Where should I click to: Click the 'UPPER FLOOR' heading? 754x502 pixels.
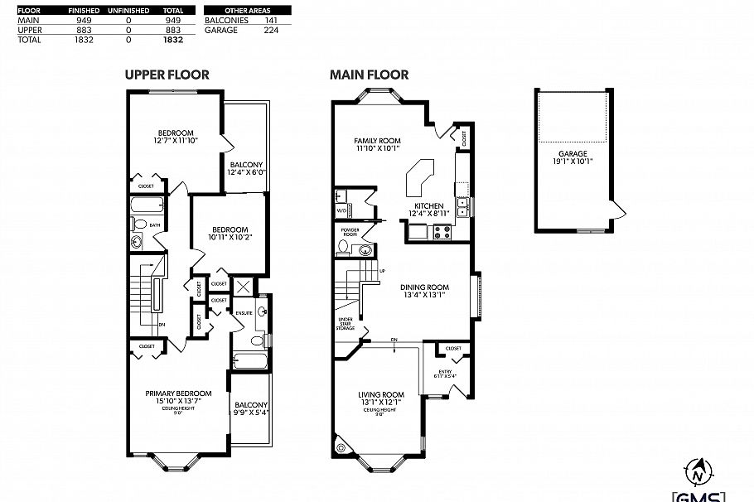(x=167, y=75)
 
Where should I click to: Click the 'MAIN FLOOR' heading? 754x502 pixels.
(x=369, y=75)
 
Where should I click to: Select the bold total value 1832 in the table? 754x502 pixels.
(x=172, y=39)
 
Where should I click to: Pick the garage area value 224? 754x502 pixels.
(x=269, y=30)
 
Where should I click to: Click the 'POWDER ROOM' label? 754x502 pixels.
(x=350, y=232)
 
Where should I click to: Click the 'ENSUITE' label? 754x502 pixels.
(x=244, y=312)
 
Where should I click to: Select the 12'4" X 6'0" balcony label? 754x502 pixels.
(x=246, y=169)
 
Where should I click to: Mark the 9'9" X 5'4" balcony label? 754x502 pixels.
(x=251, y=408)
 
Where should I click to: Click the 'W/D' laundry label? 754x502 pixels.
(x=341, y=211)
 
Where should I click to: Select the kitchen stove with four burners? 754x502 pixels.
(x=442, y=232)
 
